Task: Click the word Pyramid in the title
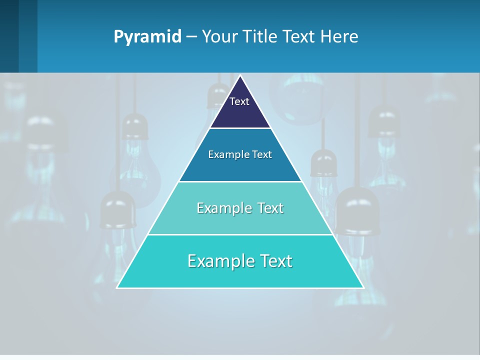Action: point(147,36)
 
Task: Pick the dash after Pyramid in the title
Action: point(191,37)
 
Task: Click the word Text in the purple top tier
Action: point(239,101)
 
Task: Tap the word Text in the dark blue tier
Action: point(262,154)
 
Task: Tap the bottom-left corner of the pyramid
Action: point(117,287)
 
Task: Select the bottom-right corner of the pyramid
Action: point(363,287)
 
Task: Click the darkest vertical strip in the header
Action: point(9,36)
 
